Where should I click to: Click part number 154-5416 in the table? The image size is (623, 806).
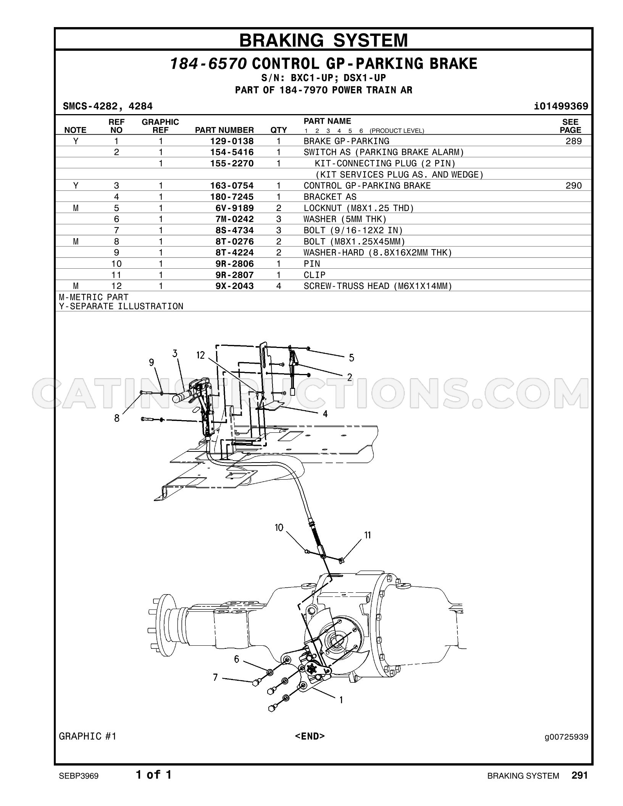pos(232,152)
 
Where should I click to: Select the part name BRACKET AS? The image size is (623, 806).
pos(330,197)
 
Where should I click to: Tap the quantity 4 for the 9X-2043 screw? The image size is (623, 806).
pos(279,286)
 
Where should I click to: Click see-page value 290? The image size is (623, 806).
pos(573,186)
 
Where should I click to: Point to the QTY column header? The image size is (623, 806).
pos(279,130)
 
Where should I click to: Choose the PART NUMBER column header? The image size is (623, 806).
pos(224,130)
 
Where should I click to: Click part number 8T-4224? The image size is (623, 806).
pos(232,253)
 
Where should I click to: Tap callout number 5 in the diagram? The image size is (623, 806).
pos(351,358)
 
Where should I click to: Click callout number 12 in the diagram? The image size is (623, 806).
pos(201,355)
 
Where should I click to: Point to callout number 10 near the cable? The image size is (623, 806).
pos(279,527)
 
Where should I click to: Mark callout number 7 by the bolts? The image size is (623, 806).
pos(216,677)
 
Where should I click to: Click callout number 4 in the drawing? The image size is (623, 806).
pos(325,414)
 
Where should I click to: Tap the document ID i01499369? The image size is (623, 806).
pos(562,106)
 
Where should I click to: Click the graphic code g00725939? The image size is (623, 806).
pos(567,736)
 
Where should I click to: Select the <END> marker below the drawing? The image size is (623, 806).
pos(310,736)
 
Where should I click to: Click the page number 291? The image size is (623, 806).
pos(580,775)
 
